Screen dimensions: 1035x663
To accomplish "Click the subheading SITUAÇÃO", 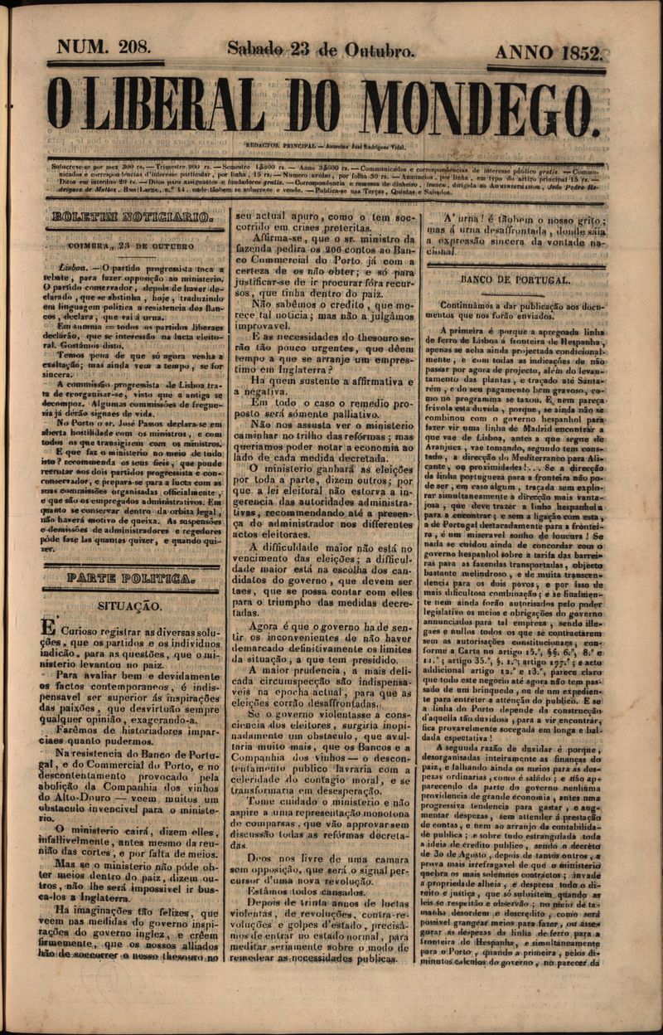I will [x=130, y=607].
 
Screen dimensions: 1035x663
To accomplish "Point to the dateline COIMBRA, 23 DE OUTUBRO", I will [x=125, y=245].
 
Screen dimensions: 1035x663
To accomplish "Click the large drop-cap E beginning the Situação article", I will [x=50, y=630].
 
